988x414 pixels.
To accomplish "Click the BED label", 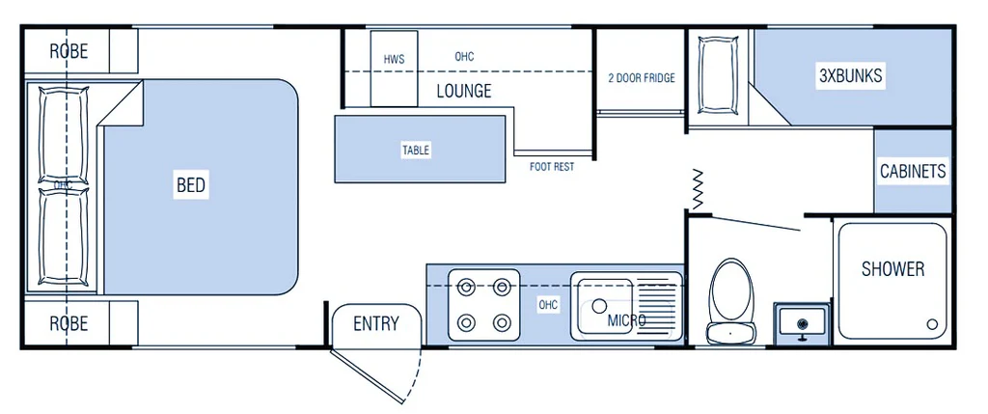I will tap(191, 184).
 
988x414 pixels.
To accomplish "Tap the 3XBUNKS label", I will tap(850, 76).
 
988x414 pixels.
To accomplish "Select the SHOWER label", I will tap(892, 268).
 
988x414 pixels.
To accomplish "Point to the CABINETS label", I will tap(913, 172).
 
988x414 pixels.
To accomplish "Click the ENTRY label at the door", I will tap(375, 323).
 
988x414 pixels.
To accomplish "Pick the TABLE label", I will tap(416, 151).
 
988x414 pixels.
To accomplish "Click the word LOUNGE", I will tap(463, 92).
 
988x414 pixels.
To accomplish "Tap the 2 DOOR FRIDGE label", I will tap(641, 78).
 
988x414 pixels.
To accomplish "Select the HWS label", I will tap(394, 60).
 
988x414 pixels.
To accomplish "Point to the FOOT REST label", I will tap(552, 167).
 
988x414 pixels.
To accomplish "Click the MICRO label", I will tap(626, 319).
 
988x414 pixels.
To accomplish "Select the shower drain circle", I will tap(931, 323).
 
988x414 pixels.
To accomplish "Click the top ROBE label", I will tap(69, 51).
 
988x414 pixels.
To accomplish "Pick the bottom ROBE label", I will tap(69, 322).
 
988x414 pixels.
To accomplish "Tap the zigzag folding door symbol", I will tap(697, 187).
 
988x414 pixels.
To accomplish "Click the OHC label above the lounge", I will tap(464, 57).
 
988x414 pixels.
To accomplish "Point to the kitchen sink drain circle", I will tap(599, 307).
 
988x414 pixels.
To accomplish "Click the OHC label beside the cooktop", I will tap(548, 305).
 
